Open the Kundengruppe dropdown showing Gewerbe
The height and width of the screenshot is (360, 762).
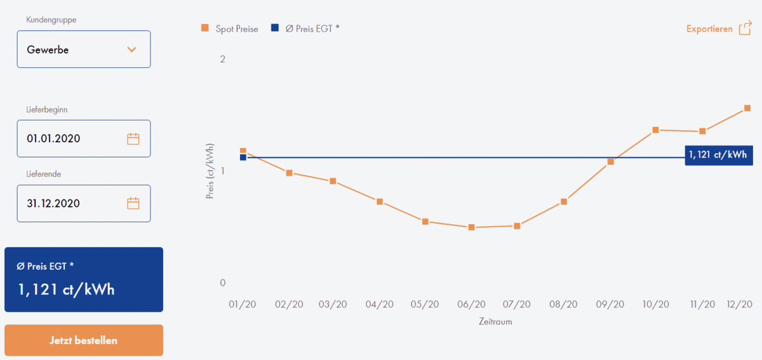(84, 50)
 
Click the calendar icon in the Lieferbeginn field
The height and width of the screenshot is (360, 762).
(133, 139)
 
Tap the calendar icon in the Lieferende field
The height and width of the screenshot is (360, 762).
(133, 204)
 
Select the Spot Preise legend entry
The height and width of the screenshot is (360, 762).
(229, 29)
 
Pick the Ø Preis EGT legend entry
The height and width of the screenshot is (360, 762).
(305, 29)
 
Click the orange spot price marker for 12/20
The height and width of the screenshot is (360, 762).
(747, 109)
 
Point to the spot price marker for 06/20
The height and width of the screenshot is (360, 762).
(471, 227)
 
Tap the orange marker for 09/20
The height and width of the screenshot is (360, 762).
(610, 162)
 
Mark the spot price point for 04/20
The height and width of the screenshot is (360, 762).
(380, 202)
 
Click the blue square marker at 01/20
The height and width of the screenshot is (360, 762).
(243, 157)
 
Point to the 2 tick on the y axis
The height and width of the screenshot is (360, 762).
(222, 60)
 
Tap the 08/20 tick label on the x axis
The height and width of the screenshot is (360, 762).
(564, 305)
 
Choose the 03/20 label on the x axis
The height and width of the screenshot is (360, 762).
(333, 305)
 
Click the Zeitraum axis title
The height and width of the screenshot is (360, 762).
(495, 322)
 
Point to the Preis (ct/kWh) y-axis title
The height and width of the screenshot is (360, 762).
(210, 171)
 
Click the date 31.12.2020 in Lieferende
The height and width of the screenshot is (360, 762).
(54, 204)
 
